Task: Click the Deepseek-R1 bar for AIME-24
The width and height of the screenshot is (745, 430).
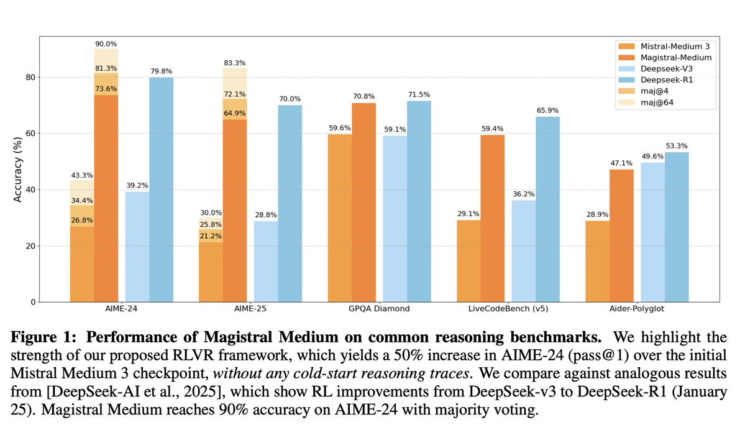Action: click(x=161, y=190)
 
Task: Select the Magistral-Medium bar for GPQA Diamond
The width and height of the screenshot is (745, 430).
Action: click(x=363, y=202)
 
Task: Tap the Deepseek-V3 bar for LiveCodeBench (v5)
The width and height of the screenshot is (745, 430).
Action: click(x=523, y=251)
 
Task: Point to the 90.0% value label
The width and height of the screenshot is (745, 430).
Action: click(x=106, y=43)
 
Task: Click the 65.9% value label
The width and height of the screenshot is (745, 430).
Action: click(x=547, y=110)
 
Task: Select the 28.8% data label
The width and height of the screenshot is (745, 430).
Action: click(x=265, y=214)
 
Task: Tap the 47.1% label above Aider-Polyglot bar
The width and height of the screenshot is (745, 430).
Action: click(x=621, y=163)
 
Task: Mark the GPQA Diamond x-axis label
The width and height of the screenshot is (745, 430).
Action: click(x=379, y=309)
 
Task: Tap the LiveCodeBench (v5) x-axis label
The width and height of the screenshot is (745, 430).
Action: click(x=508, y=309)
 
